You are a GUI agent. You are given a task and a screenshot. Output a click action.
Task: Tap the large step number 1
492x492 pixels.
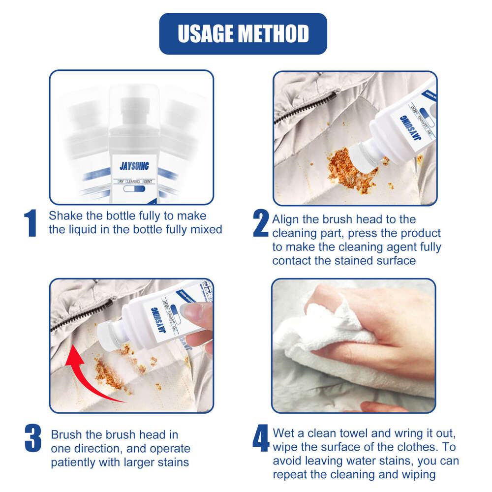31,223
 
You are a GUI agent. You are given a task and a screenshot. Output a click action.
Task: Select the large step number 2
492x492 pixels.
261,224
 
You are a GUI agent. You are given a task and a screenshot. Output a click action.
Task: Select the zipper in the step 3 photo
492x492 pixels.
79,315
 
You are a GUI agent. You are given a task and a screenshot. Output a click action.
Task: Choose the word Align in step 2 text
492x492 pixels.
286,219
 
